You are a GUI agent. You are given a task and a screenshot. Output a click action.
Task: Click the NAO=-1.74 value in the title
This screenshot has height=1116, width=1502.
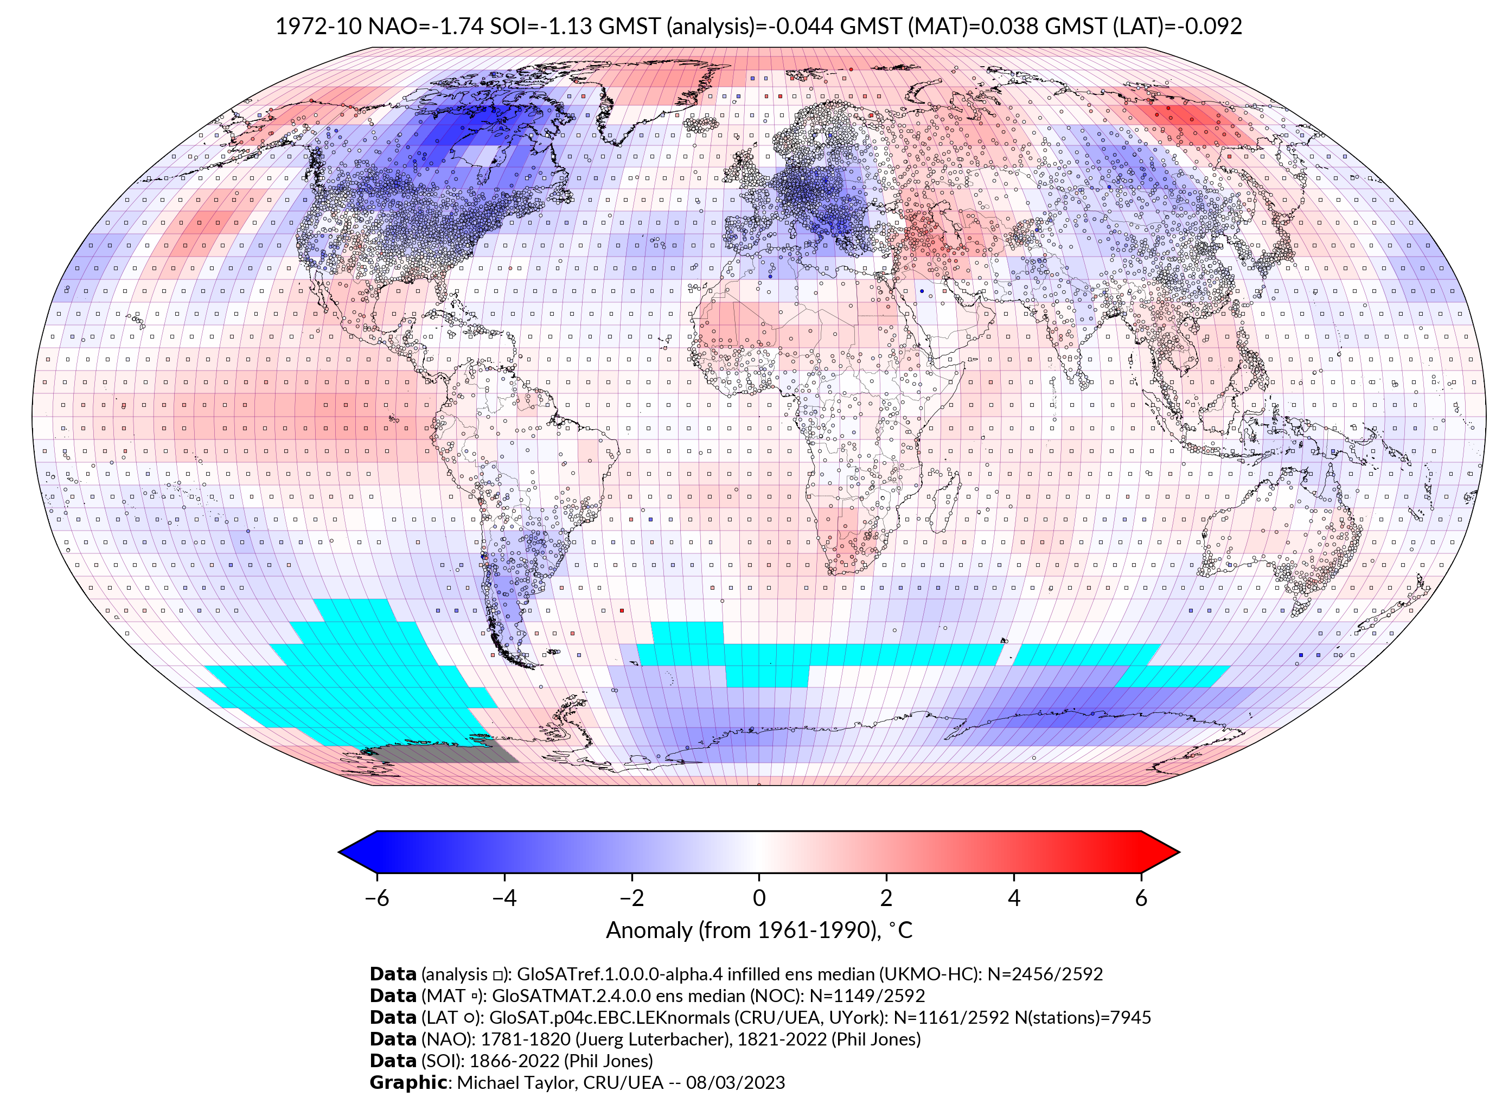(x=425, y=27)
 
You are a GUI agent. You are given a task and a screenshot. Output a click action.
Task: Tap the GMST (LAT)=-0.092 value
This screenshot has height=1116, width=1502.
(x=1143, y=27)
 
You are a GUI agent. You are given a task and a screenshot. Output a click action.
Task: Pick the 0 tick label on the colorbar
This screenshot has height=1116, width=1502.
(x=759, y=898)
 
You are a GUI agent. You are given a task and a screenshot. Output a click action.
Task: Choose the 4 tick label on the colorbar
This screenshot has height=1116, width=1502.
(x=1014, y=898)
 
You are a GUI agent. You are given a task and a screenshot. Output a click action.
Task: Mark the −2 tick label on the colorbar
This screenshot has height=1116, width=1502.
(x=631, y=898)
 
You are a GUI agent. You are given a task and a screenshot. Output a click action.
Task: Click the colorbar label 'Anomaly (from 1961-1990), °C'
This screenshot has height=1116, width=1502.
(x=759, y=931)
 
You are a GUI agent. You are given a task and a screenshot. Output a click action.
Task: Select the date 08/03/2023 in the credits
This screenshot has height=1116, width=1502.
(x=736, y=1083)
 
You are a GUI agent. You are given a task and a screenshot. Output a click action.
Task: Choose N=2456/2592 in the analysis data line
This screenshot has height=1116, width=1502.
(x=1045, y=974)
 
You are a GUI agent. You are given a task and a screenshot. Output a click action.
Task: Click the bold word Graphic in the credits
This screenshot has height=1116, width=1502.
(x=408, y=1083)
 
